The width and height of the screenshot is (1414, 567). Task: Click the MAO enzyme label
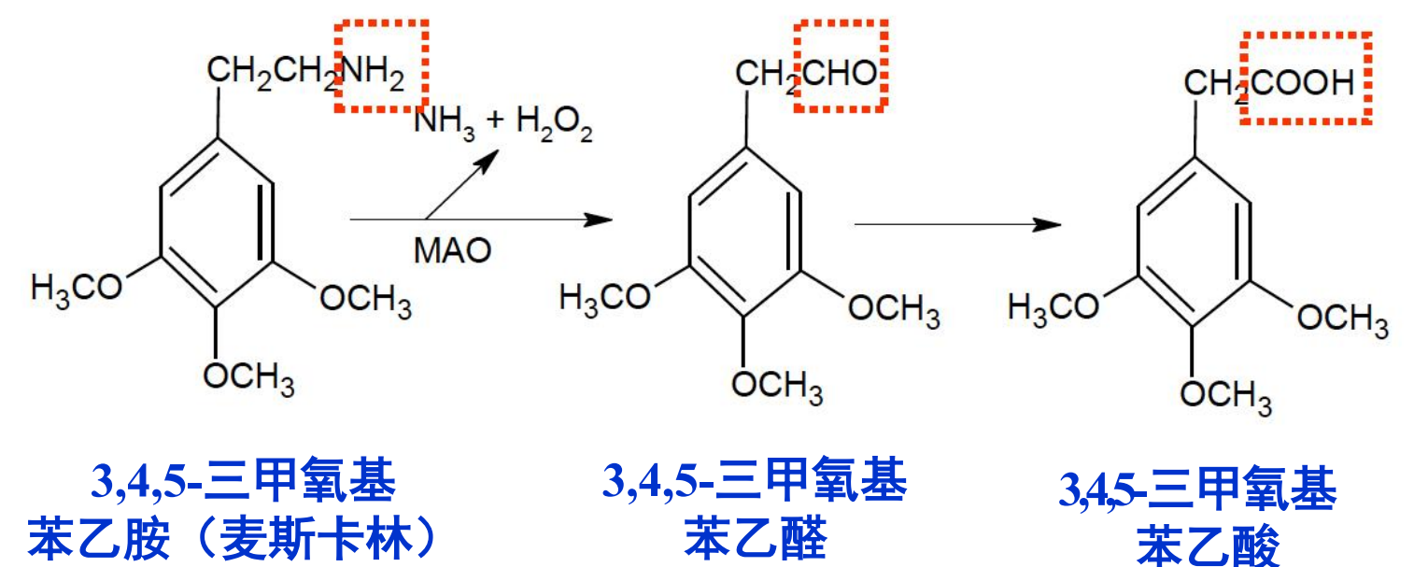coord(452,251)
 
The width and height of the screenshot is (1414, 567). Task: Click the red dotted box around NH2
coord(381,66)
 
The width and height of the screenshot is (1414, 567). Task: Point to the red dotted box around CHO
coord(839,66)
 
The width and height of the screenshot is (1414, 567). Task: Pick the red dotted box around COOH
coord(1306,78)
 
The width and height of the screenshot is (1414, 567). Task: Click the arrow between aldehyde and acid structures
coord(957,224)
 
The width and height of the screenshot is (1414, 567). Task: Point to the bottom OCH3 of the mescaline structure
coord(249,377)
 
